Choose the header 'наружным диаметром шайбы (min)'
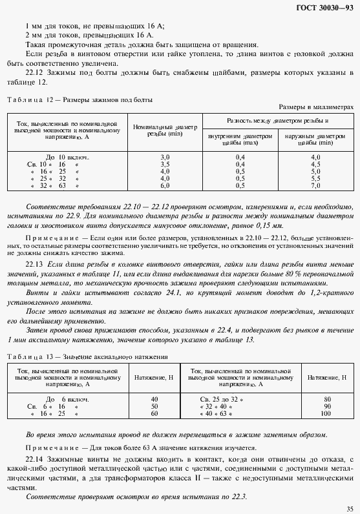[315, 139]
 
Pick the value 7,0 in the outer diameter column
[315, 185]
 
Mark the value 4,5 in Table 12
[315, 164]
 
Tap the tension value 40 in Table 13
[154, 399]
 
